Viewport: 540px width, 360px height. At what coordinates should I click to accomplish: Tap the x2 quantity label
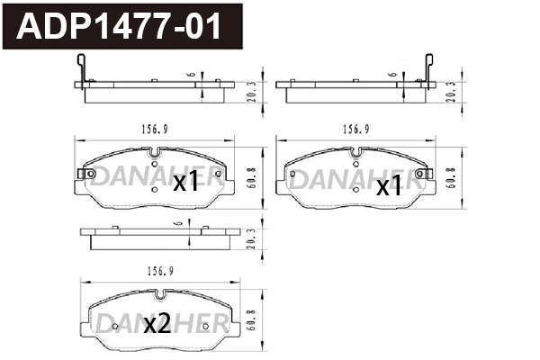tap(157, 324)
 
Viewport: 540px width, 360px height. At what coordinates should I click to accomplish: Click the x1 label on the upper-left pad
tap(184, 183)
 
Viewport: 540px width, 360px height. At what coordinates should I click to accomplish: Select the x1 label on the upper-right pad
tap(389, 186)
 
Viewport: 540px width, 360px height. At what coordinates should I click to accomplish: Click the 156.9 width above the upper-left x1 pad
tap(155, 129)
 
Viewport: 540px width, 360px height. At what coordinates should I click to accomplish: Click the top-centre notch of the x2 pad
tap(158, 294)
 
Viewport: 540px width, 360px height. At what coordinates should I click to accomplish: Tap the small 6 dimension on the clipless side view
tap(182, 222)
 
